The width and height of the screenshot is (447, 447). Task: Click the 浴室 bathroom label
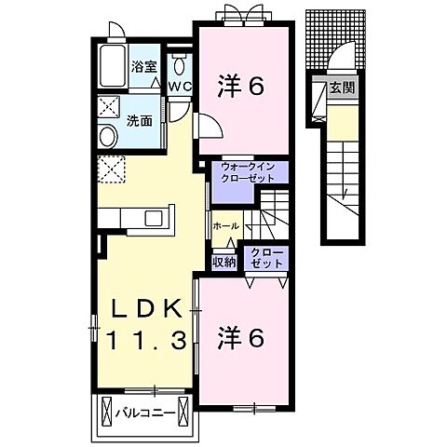(143, 66)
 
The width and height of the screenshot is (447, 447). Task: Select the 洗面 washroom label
(141, 120)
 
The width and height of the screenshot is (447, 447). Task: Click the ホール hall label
(226, 226)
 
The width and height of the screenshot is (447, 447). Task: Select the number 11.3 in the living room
(146, 342)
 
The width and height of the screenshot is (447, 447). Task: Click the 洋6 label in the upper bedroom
(242, 87)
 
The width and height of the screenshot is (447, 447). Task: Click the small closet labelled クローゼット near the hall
(266, 258)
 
